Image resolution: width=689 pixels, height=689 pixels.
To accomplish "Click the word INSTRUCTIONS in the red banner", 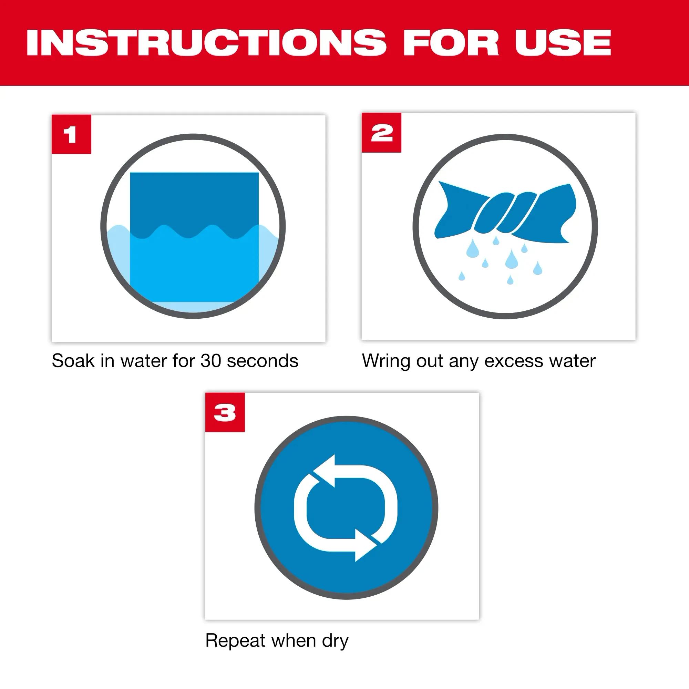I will [x=206, y=43].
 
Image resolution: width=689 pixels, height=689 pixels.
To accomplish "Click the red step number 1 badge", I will [x=71, y=134].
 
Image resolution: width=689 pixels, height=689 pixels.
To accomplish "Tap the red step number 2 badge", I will [x=381, y=133].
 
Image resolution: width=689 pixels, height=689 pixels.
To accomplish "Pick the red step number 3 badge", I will [x=225, y=413].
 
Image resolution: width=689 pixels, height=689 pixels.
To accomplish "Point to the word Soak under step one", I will [x=73, y=361].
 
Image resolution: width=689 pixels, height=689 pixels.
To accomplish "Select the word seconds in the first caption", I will [x=263, y=361].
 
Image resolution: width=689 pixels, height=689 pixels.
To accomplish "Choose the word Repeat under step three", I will [x=235, y=641].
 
